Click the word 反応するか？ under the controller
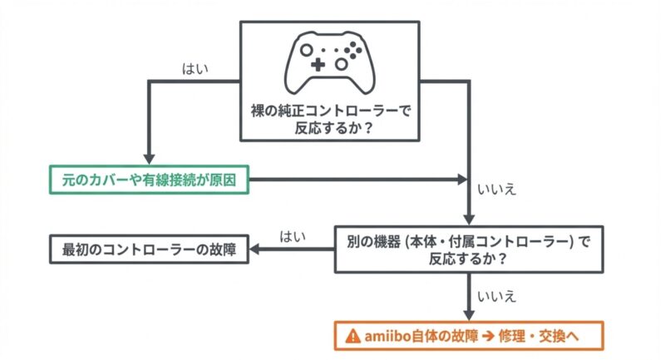click(x=332, y=126)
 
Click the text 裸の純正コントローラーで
click(x=332, y=109)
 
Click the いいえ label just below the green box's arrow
click(x=497, y=190)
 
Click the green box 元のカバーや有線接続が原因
click(x=148, y=179)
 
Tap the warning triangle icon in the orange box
click(x=352, y=337)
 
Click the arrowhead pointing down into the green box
click(x=148, y=158)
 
